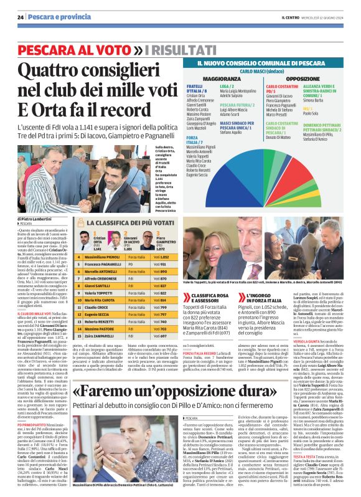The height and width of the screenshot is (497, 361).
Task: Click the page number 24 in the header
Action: [21, 17]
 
